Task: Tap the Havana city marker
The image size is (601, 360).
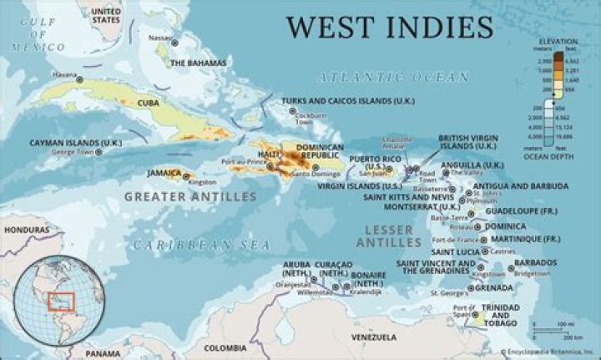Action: point(80,80)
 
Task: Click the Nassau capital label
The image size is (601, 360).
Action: point(159,38)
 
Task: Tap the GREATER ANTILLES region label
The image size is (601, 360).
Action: point(189,197)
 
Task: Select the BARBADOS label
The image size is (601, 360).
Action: point(535,262)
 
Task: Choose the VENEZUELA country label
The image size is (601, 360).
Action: point(373,337)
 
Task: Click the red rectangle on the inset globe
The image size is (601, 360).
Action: point(59,300)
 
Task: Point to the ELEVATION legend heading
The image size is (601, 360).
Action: point(558,40)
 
